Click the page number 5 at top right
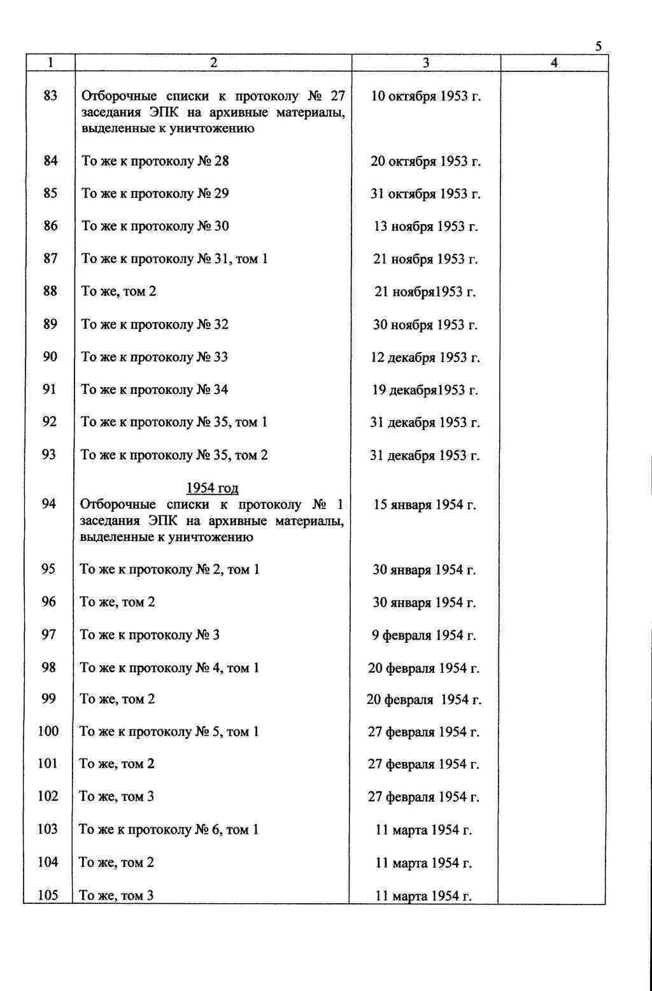[598, 46]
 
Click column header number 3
[426, 62]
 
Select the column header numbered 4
[555, 62]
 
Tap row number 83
[50, 95]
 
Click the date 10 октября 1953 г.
[425, 97]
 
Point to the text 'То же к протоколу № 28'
[155, 161]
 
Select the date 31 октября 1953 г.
[425, 193]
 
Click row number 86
[50, 226]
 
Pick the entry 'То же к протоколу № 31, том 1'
[174, 259]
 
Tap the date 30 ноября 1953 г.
[425, 325]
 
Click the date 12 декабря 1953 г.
[425, 357]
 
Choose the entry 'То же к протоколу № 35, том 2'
[174, 455]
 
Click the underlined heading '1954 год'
[212, 488]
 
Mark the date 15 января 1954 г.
[425, 505]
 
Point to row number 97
[49, 635]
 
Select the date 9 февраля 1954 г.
[424, 635]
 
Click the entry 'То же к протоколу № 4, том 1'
[169, 668]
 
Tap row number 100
[48, 731]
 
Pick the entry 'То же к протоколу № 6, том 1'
[169, 829]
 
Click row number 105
[48, 895]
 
